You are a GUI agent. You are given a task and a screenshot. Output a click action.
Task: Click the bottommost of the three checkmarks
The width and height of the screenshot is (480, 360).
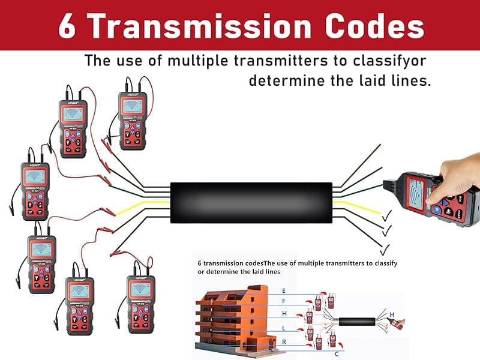385,247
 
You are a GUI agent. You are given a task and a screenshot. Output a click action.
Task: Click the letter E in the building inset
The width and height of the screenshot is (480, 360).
283,290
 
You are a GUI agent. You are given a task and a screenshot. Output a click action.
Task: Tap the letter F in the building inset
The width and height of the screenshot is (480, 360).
283,301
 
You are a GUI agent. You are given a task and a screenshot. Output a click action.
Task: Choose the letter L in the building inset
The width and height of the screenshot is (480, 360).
283,328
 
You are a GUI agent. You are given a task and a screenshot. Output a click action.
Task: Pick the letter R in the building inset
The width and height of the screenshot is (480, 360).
283,341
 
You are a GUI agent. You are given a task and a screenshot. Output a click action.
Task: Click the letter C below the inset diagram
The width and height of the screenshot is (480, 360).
336,354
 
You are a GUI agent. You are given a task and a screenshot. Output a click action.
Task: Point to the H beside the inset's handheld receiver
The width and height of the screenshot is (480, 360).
392,314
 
